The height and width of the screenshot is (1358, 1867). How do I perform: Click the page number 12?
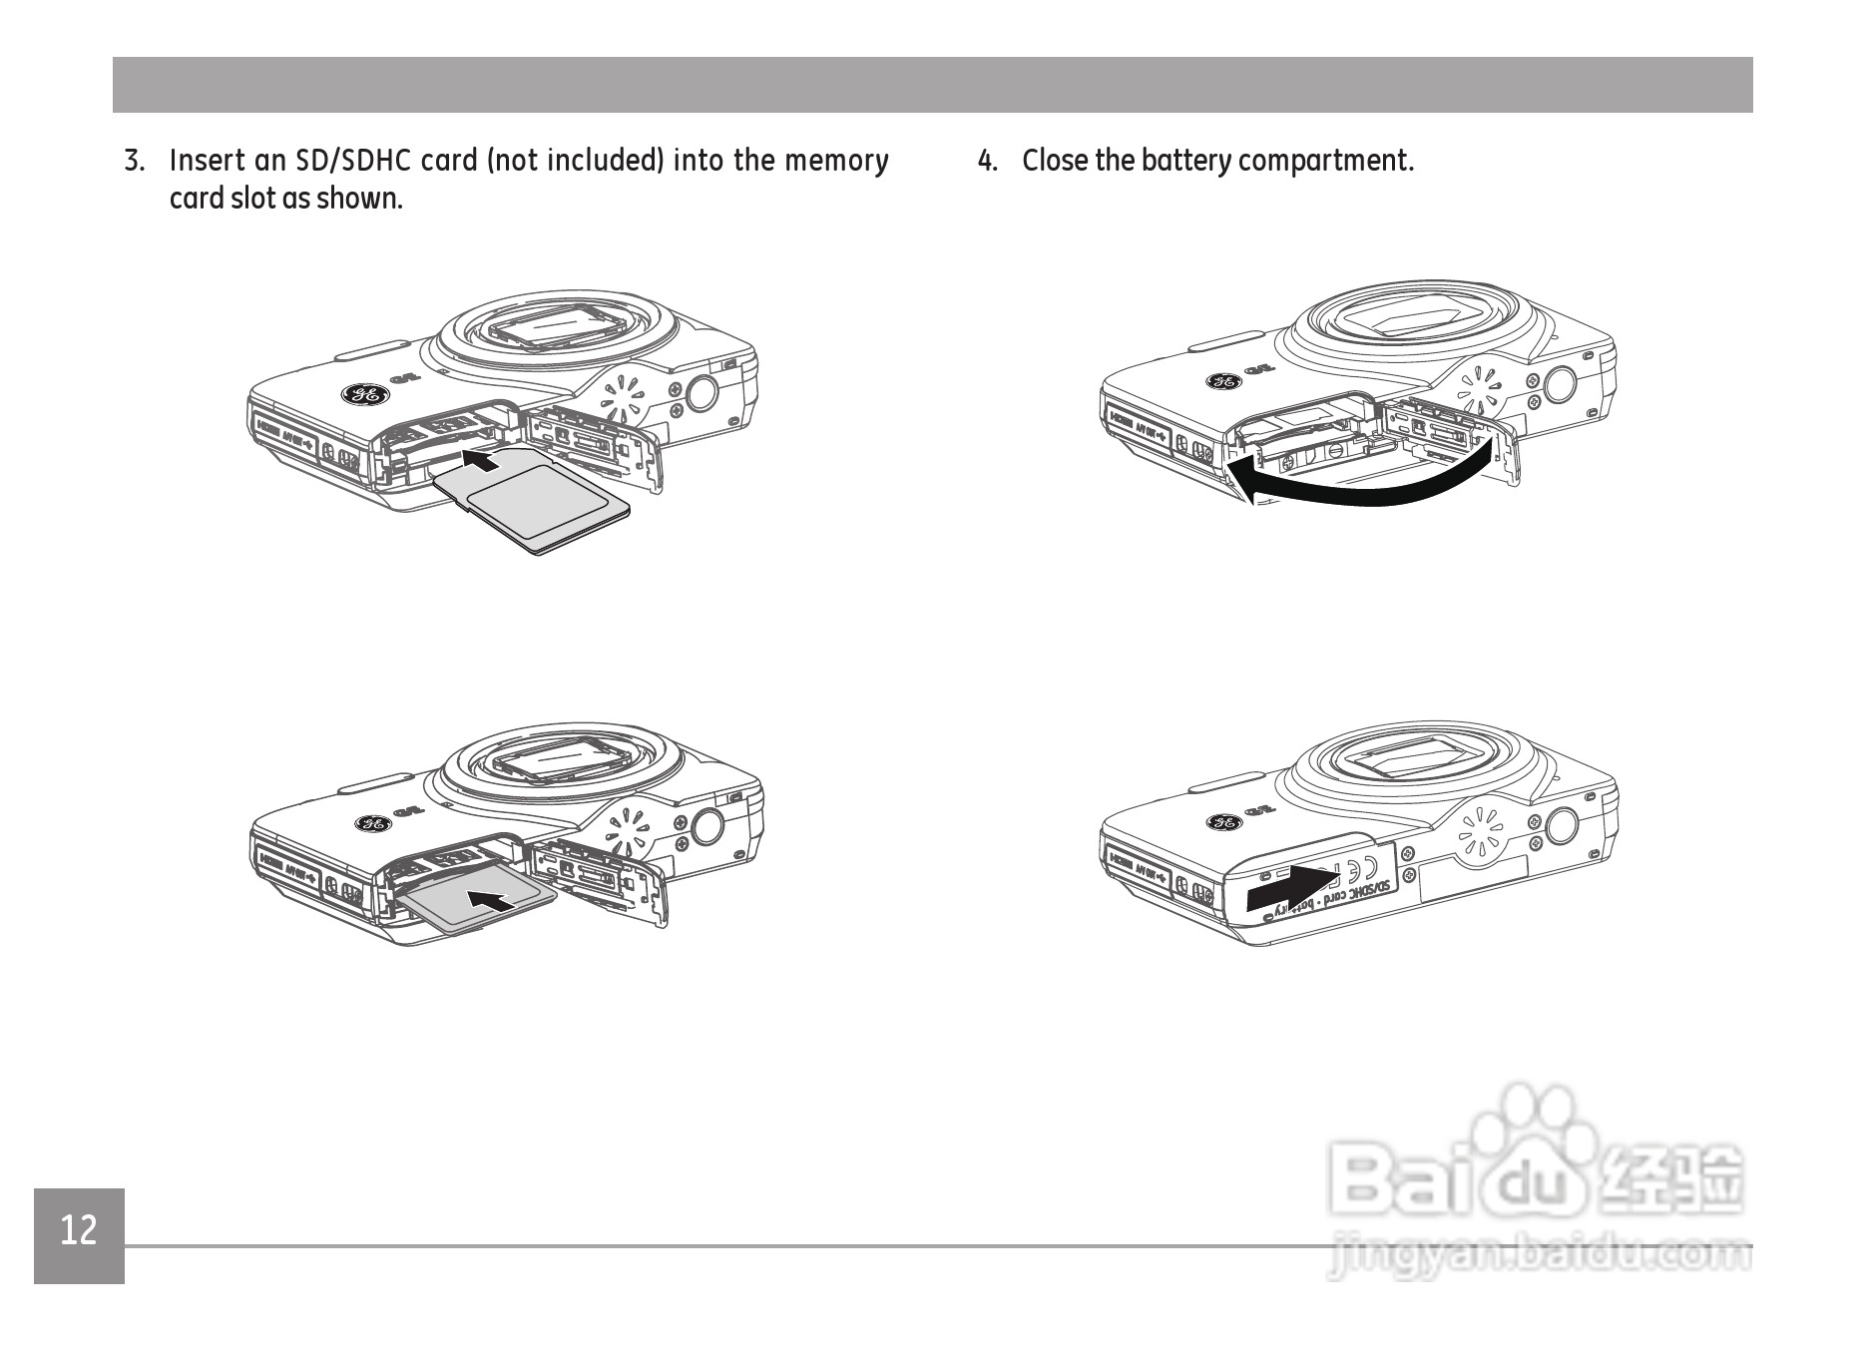79,1231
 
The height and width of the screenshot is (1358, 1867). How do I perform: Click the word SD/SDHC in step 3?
349,161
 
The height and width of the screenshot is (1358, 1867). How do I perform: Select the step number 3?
134,161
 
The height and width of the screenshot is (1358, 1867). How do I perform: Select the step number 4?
987,161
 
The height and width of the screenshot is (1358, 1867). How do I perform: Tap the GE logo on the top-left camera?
364,395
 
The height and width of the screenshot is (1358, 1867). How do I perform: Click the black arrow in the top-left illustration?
482,460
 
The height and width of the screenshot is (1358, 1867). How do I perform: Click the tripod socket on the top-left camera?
701,391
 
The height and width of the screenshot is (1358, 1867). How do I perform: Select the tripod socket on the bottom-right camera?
1562,825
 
